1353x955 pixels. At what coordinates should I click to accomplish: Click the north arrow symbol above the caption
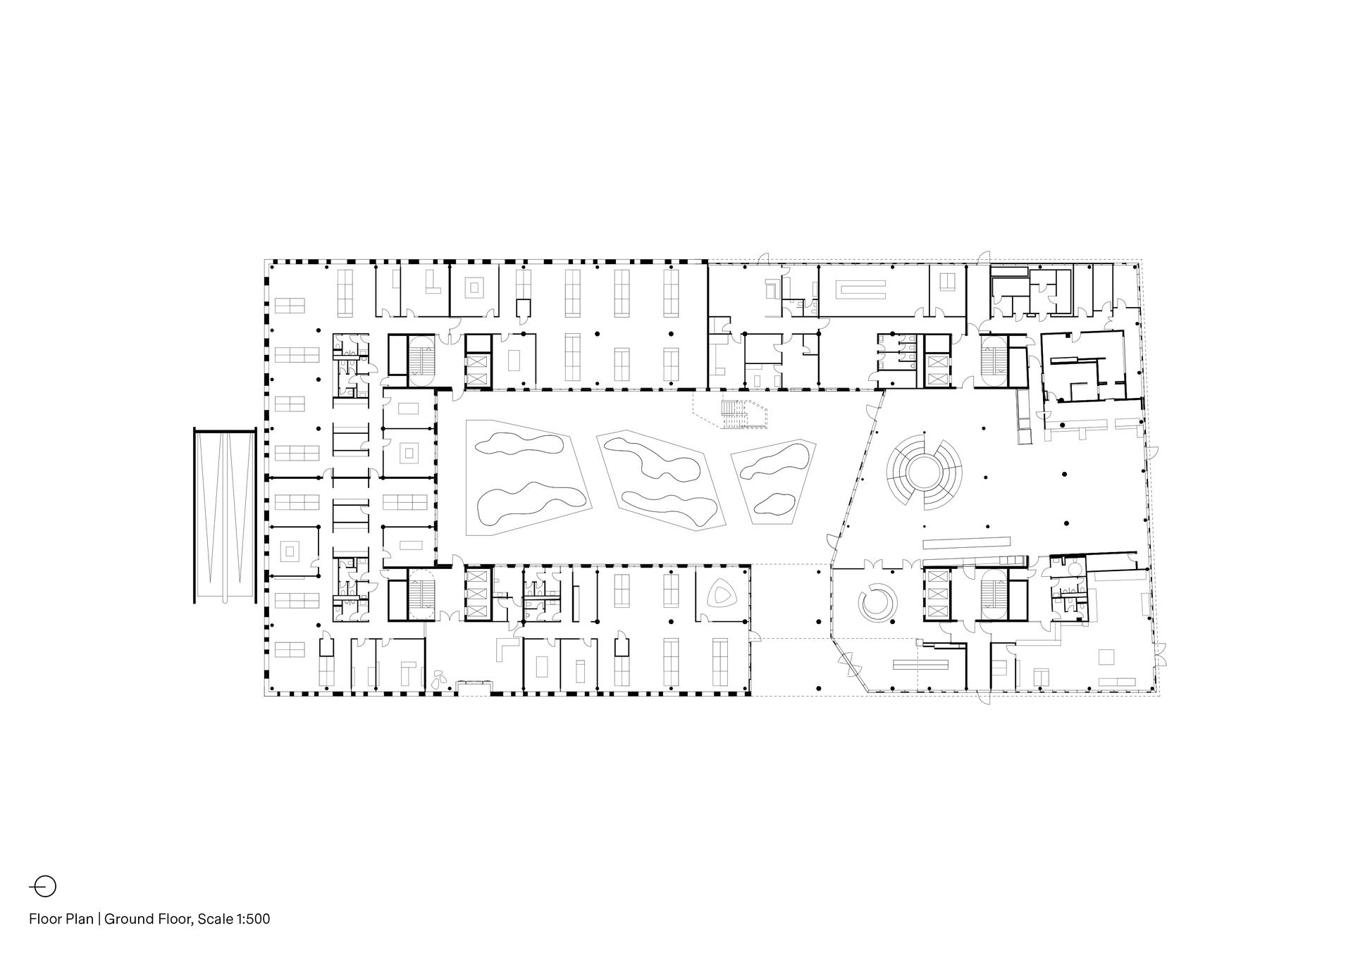tap(42, 886)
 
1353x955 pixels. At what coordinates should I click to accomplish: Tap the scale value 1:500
tap(252, 918)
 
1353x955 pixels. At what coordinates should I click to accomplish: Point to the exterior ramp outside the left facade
tap(224, 516)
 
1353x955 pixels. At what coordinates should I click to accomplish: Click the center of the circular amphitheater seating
tap(924, 472)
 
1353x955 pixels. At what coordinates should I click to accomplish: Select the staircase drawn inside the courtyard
tap(733, 413)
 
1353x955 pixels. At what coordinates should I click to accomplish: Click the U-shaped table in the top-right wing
tap(860, 289)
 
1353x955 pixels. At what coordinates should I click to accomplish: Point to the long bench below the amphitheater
tap(966, 543)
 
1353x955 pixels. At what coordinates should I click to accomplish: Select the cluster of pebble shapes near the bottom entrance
tap(439, 678)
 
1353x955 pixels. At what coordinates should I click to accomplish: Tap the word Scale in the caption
tap(215, 918)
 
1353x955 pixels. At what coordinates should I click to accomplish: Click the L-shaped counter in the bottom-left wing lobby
tap(506, 648)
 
